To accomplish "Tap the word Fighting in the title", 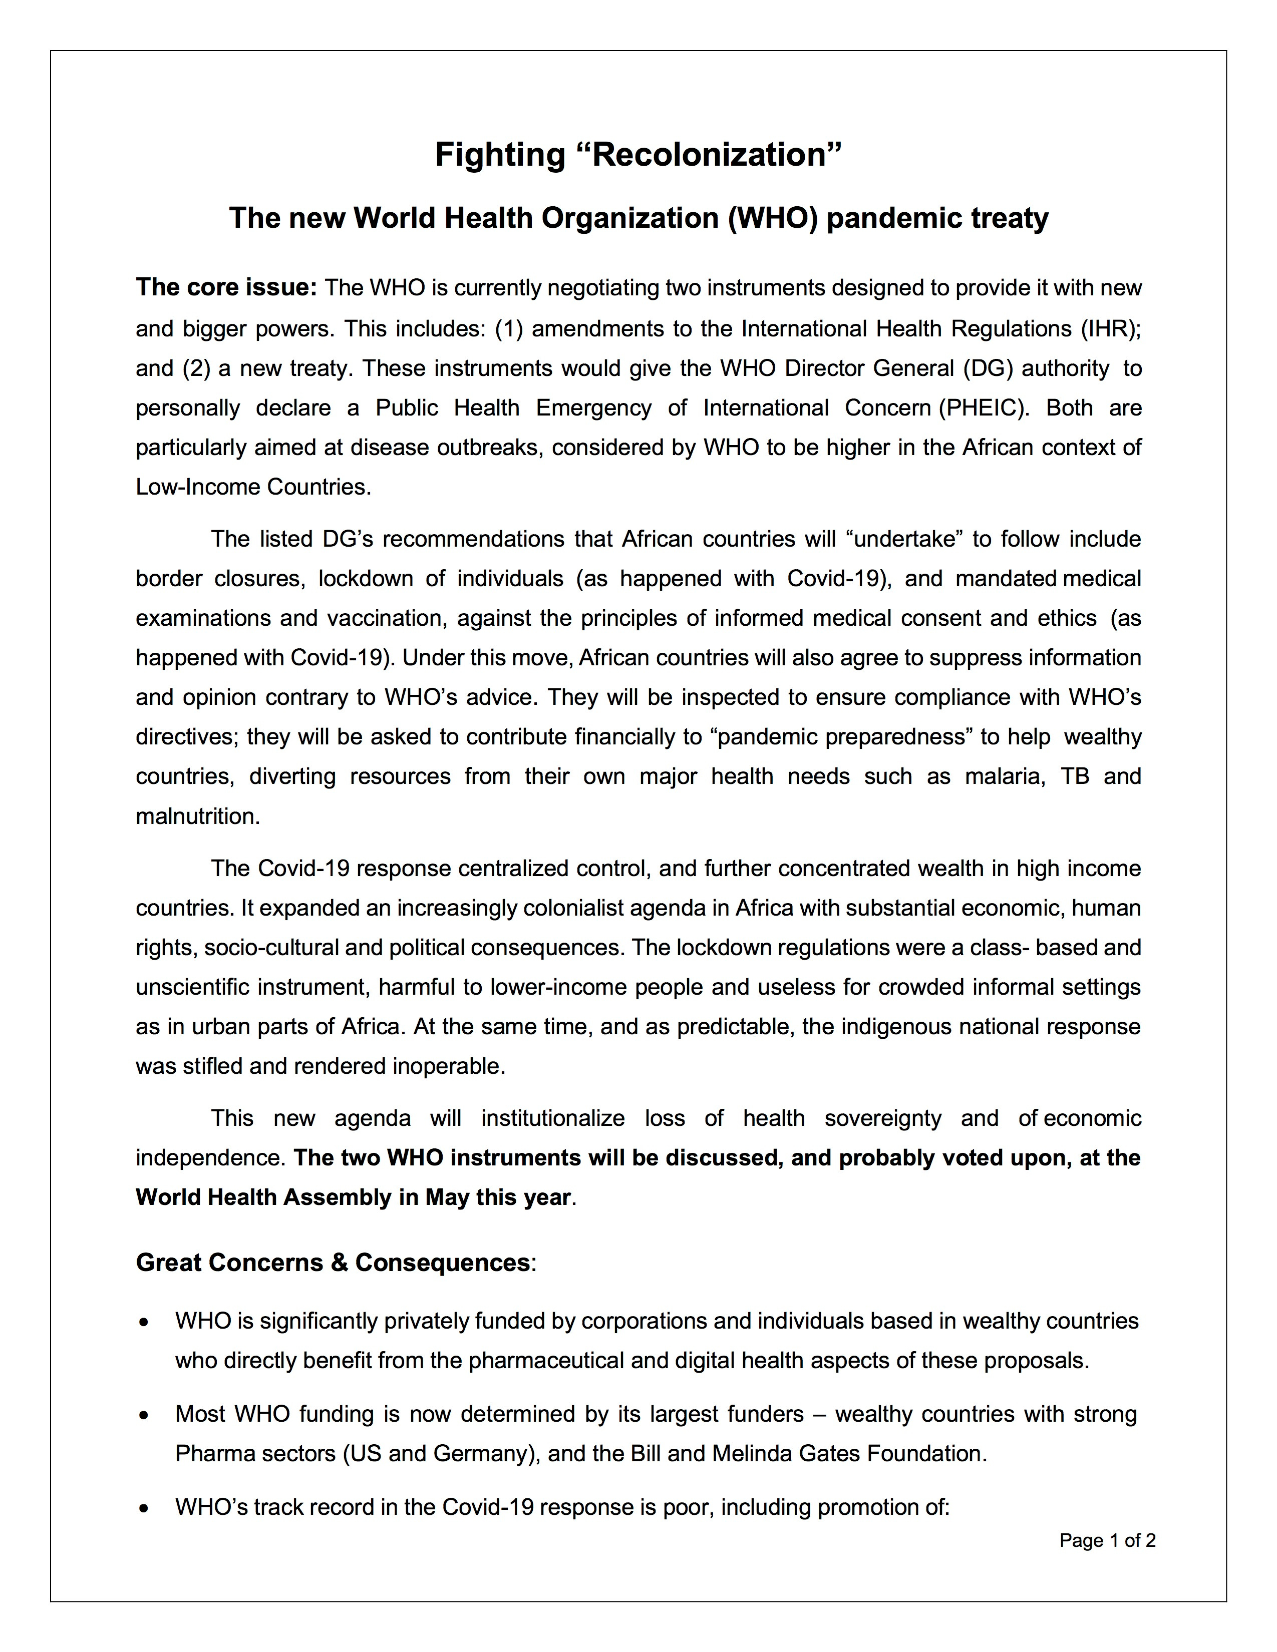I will tap(499, 155).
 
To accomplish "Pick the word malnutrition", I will tap(197, 816).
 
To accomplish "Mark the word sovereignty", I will tap(883, 1118).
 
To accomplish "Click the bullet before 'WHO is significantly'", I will tap(144, 1322).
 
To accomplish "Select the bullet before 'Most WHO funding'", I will tap(144, 1415).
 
